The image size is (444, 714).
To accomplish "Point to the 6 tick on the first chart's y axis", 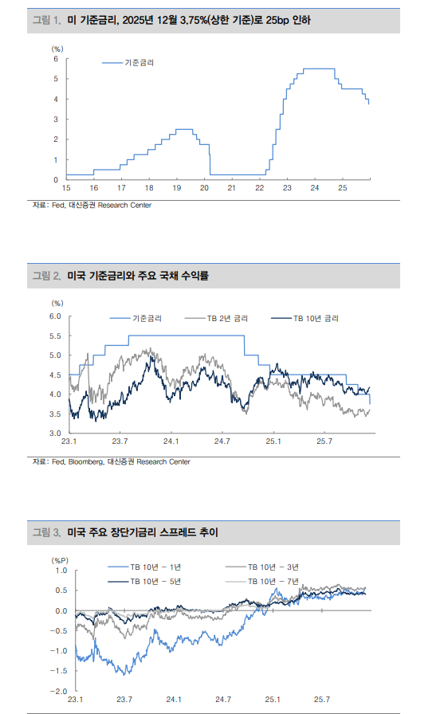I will coord(56,59).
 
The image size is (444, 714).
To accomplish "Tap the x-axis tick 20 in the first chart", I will coord(204,188).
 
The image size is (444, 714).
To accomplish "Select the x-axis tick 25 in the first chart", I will coord(342,188).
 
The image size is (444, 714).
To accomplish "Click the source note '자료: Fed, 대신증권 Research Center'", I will coord(92,206).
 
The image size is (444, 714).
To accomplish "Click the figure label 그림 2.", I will coord(46,276).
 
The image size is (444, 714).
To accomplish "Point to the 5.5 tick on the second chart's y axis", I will coord(55,335).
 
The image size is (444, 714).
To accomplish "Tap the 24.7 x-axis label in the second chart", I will coord(222,441).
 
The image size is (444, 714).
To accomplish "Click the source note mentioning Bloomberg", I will coord(111,461).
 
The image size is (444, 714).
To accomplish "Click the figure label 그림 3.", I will coord(46,532).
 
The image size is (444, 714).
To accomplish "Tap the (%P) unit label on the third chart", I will coord(62,560).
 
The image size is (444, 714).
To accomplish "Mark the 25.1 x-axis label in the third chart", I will coord(273,700).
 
